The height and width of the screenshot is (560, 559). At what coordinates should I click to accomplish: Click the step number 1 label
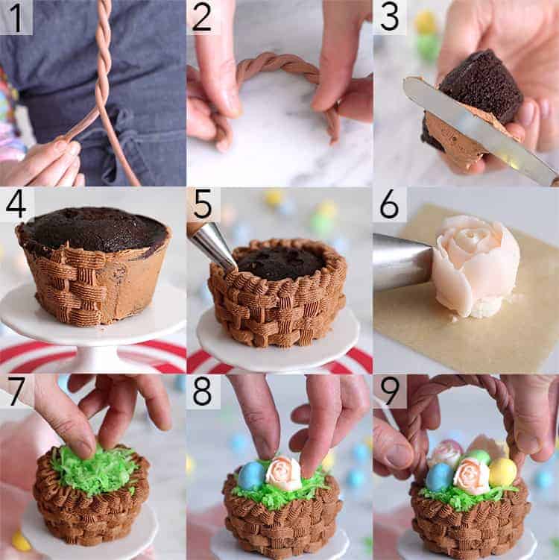[16, 17]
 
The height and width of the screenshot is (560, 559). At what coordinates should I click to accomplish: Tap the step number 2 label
[203, 17]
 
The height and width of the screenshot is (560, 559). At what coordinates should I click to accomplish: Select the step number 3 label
[390, 17]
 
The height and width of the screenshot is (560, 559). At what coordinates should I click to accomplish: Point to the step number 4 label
[16, 204]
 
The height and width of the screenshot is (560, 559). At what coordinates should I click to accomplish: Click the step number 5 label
[203, 204]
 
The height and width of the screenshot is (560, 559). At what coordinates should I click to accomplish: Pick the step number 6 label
[390, 204]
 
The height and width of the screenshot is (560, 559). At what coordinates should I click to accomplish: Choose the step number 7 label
[16, 391]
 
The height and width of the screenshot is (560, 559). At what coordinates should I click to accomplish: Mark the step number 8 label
[203, 391]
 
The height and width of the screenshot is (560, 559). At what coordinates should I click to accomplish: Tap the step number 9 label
[390, 391]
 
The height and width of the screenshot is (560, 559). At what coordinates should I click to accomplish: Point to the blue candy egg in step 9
[440, 477]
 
